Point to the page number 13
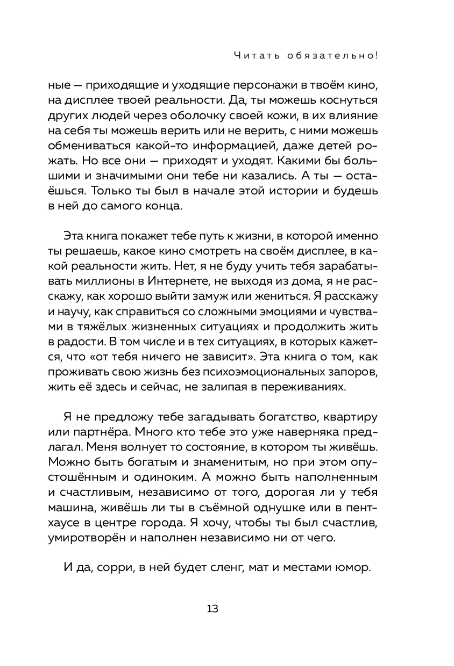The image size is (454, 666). tap(212, 609)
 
